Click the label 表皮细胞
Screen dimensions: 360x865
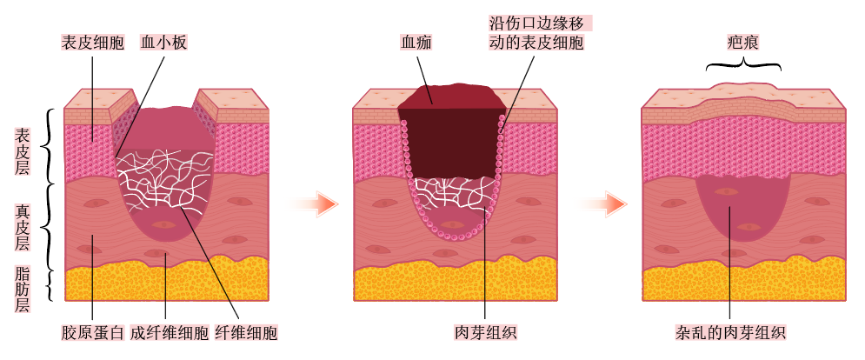pyautogui.click(x=92, y=42)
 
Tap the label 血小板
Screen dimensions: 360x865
pyautogui.click(x=164, y=42)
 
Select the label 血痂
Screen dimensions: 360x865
pyautogui.click(x=416, y=42)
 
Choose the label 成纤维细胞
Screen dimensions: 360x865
pyautogui.click(x=170, y=333)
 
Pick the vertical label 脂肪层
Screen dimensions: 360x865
pyautogui.click(x=23, y=289)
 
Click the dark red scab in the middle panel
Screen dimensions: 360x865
pyautogui.click(x=450, y=139)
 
